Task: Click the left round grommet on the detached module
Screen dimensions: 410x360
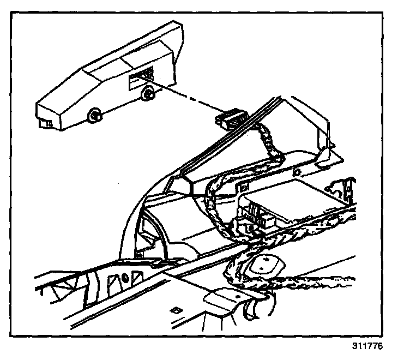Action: point(94,115)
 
